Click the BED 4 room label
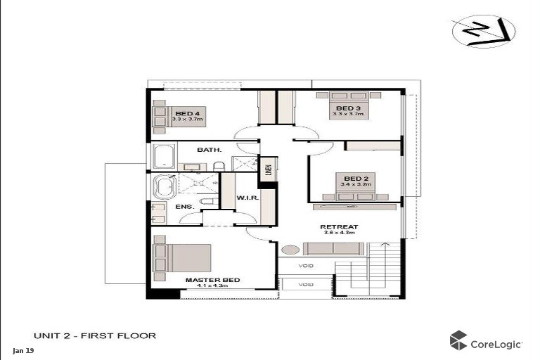pos(188,113)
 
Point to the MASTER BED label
pos(212,280)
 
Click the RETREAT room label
pos(340,226)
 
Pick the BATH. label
pos(209,150)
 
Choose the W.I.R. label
pos(250,198)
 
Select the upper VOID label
pos(306,266)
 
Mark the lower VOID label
pos(306,285)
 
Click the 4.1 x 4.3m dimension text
pos(212,287)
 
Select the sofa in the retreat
pos(333,248)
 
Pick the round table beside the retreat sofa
pos(289,249)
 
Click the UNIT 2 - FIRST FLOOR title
pos(95,336)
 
